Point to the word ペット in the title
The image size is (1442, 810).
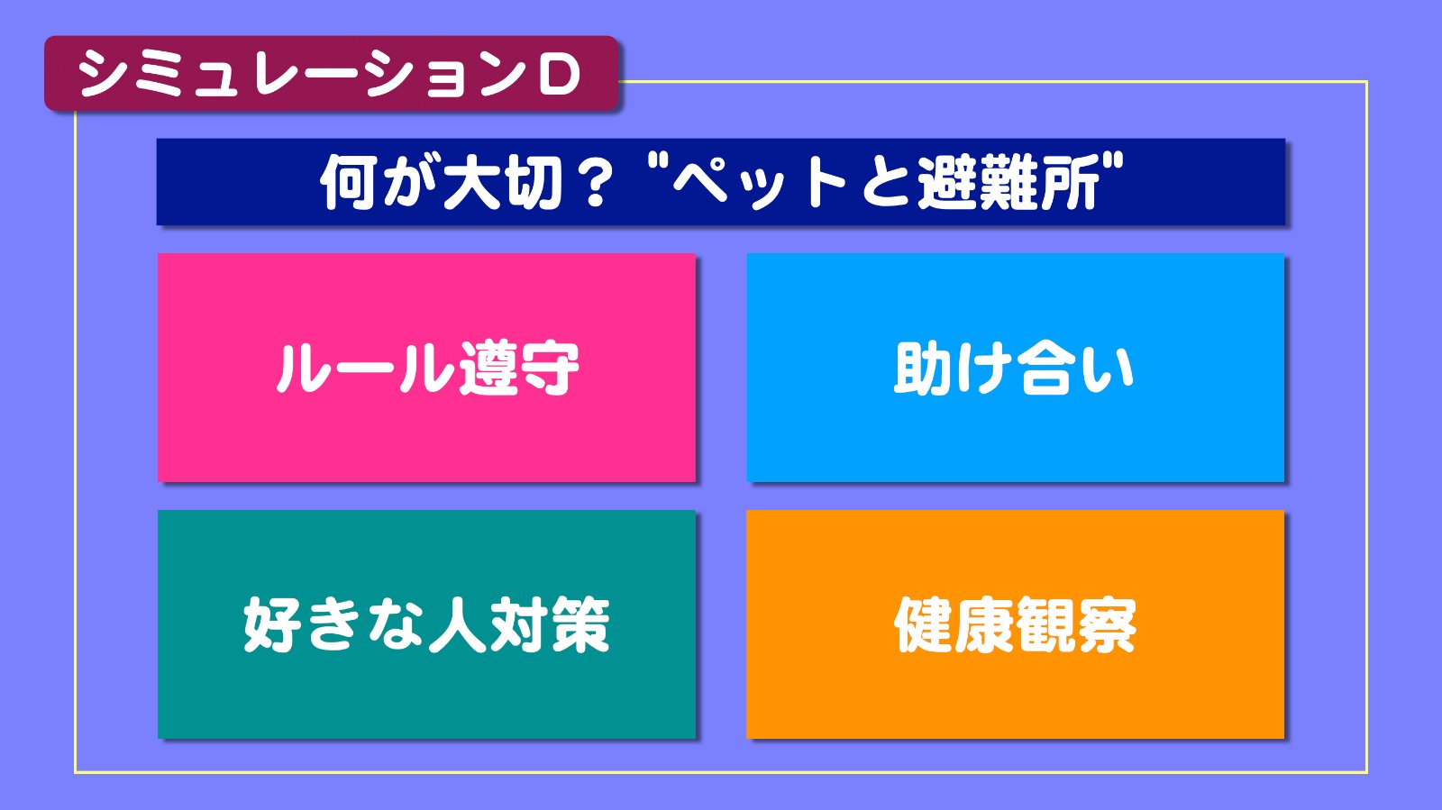pos(759,184)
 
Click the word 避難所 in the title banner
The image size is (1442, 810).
pos(1008,183)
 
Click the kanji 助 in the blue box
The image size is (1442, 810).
pos(923,368)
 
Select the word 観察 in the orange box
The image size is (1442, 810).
pos(1076,624)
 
